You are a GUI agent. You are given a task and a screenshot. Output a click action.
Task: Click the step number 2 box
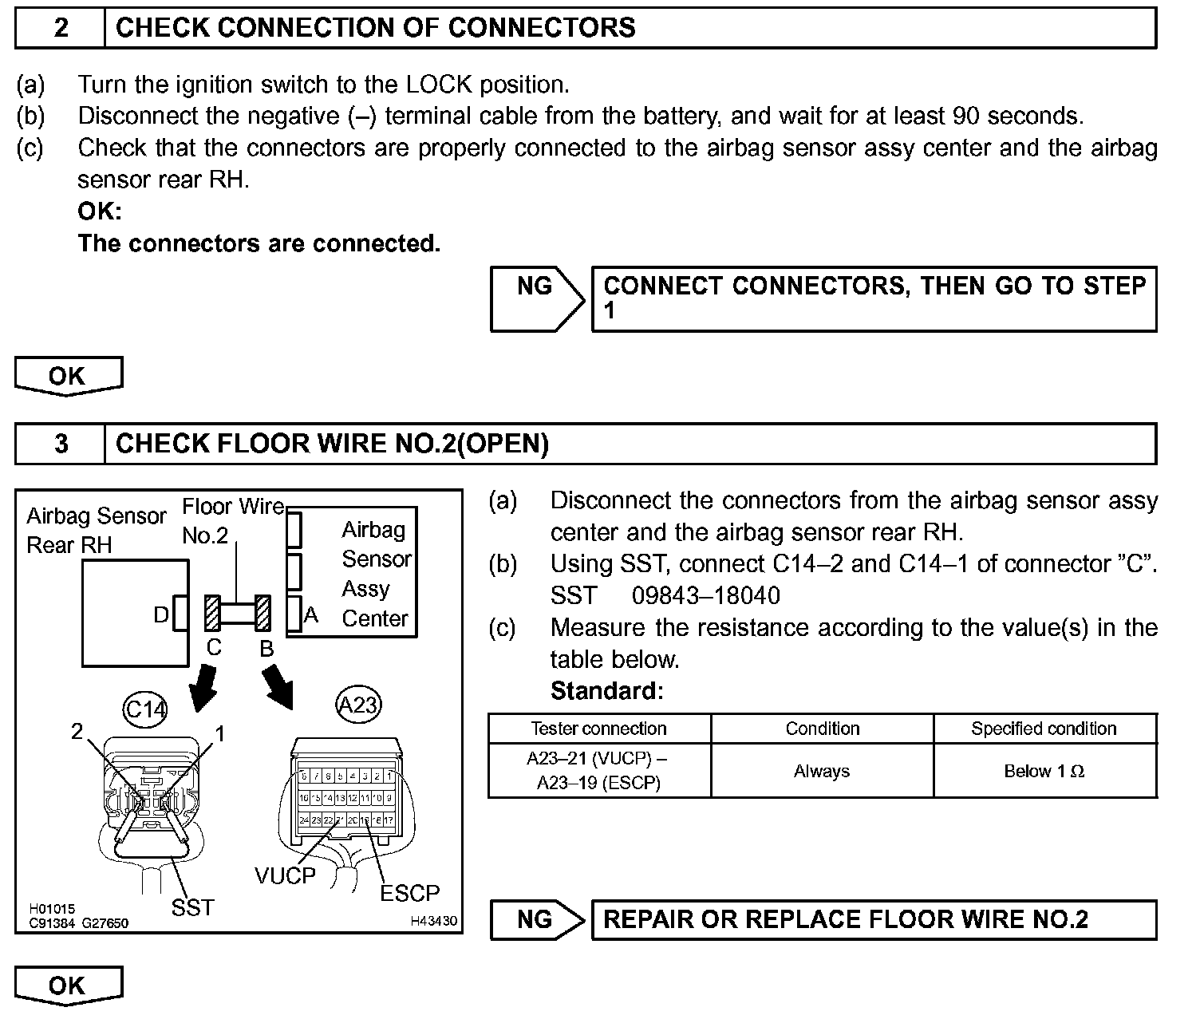coord(61,28)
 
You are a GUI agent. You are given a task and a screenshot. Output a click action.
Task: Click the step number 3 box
coord(61,444)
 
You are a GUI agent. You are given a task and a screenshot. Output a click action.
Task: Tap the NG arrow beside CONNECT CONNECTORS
coord(536,298)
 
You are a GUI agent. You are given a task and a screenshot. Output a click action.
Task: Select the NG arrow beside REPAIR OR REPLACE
coord(536,919)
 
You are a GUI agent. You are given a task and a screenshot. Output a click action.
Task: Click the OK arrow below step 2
coord(68,376)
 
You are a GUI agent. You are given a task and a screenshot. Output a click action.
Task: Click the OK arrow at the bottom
coord(68,986)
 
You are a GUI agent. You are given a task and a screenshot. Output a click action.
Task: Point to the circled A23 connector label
coord(357,705)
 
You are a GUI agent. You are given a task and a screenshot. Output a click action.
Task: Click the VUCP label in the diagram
coord(285,875)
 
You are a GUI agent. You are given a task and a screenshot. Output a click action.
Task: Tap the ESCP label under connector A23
coord(409,893)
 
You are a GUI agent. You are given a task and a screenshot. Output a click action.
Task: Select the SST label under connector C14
coord(192,907)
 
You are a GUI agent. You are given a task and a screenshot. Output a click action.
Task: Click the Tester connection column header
coord(598,729)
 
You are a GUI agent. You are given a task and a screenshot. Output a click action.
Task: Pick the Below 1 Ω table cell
coord(1044,771)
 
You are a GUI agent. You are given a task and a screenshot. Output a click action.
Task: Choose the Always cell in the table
coord(821,771)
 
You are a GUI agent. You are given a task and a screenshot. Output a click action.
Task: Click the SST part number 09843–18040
coord(705,595)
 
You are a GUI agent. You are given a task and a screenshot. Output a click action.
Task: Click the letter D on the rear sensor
coord(161,615)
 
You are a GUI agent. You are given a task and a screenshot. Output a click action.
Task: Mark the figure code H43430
coord(433,921)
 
